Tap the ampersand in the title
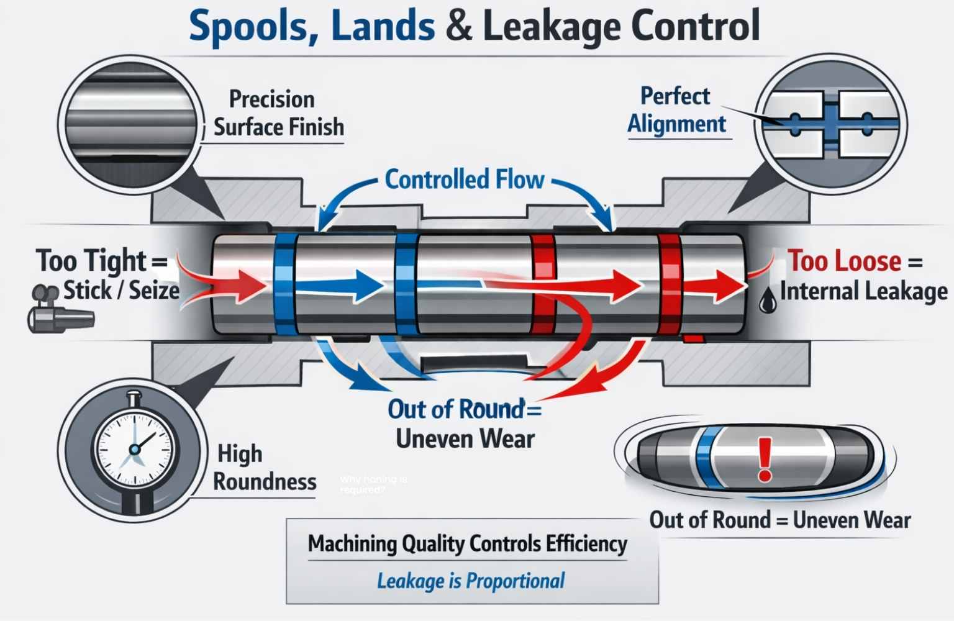coord(458,27)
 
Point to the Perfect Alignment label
coord(676,110)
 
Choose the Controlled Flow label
coord(465,179)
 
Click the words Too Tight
coord(92,260)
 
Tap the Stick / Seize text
coord(121,290)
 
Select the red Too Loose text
coord(845,261)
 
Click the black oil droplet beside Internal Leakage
coord(768,301)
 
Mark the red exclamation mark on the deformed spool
coord(765,459)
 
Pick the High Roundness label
coord(264,468)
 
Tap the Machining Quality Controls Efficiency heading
coord(467,544)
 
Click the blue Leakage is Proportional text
coord(471,581)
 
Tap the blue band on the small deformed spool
coord(705,459)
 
